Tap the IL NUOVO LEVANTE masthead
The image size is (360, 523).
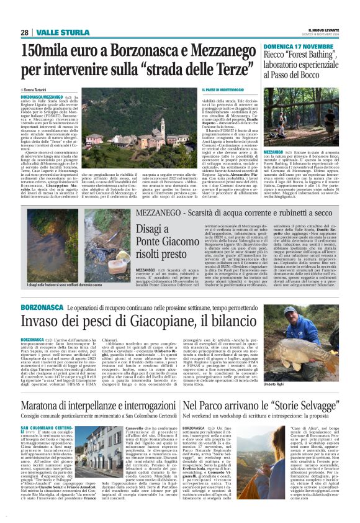pos(324,30)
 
